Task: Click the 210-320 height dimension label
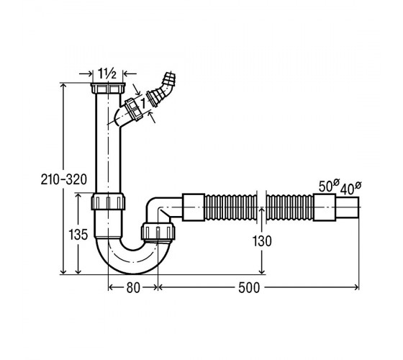click(64, 179)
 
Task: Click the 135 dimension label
click(78, 235)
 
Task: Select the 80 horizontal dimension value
click(133, 287)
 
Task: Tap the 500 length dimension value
click(249, 287)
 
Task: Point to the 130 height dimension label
click(262, 241)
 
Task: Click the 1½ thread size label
click(107, 73)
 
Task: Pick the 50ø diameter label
click(329, 186)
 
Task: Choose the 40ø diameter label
click(351, 188)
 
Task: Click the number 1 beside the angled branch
click(143, 104)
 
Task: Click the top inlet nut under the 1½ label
click(108, 89)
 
